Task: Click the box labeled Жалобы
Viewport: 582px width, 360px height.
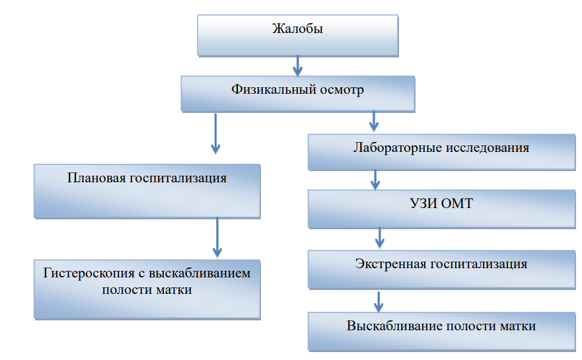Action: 298,36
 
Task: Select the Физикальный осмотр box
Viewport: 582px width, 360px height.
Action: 298,94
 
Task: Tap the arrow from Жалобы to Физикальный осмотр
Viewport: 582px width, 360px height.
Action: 297,66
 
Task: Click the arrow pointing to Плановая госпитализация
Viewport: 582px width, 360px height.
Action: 215,133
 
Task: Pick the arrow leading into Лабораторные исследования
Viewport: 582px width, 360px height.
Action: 374,121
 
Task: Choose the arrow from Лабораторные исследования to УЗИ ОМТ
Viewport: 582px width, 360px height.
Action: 375,180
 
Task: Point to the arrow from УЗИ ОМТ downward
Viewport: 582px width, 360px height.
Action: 379,238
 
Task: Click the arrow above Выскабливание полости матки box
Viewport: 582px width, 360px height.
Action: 379,302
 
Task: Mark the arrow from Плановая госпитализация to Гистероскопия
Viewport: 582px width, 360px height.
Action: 217,237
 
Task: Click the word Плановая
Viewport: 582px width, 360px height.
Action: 97,178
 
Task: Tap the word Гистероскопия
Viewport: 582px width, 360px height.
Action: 89,273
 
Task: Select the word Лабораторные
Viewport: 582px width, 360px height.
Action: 398,148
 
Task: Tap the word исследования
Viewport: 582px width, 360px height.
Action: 488,148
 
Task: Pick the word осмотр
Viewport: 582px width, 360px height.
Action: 342,90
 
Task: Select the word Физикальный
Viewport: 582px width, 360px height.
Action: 274,89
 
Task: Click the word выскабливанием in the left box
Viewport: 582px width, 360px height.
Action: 200,273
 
